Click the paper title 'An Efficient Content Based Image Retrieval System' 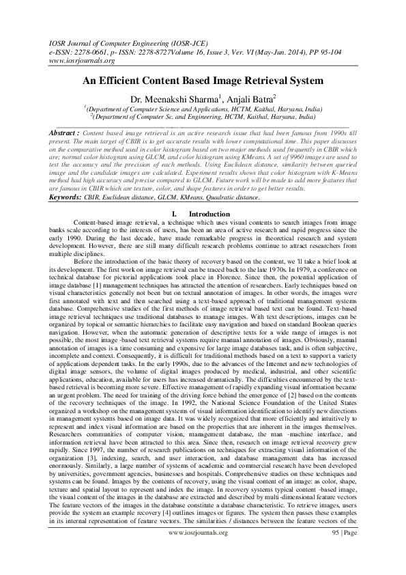click(x=203, y=81)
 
